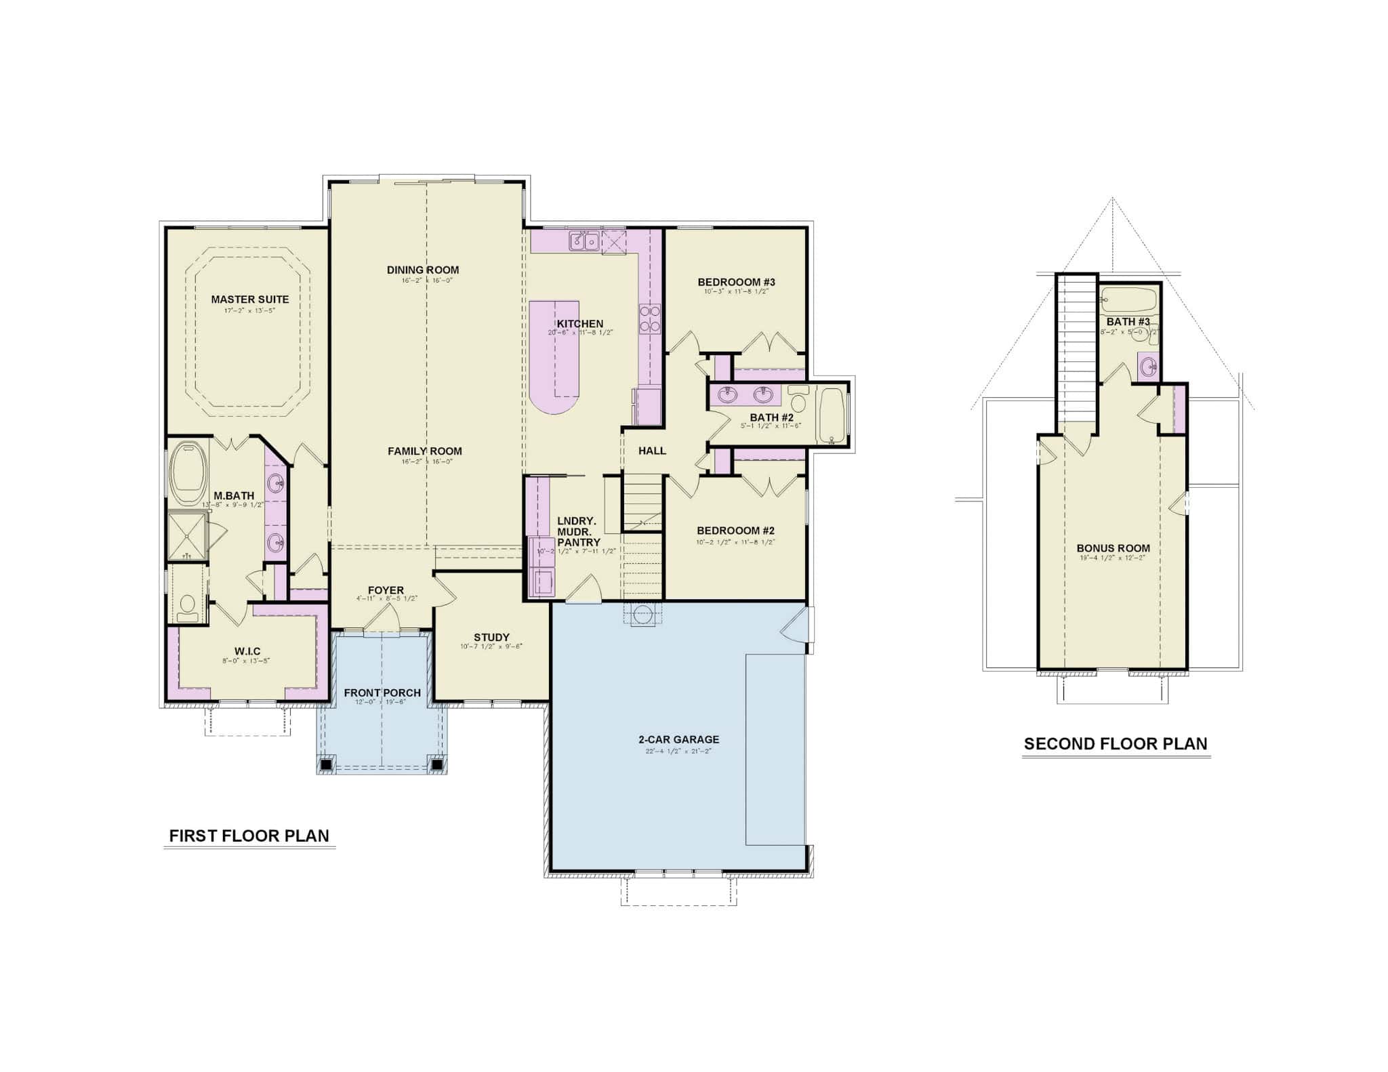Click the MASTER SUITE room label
point(249,299)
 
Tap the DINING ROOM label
point(423,270)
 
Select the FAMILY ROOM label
point(425,451)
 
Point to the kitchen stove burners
point(649,318)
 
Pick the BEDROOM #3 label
point(736,282)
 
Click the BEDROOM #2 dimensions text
point(735,542)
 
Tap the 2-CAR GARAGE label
point(678,739)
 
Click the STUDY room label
point(491,637)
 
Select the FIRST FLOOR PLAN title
point(249,836)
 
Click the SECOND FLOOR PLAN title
point(1116,743)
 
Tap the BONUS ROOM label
point(1113,548)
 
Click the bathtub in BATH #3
point(1128,299)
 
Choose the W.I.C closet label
point(247,651)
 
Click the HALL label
point(652,451)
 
